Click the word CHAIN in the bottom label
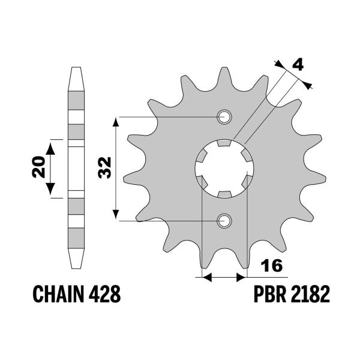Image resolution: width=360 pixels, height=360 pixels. tap(56, 295)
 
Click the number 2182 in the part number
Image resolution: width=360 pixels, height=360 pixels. tap(311, 295)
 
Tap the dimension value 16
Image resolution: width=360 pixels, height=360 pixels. tap(271, 266)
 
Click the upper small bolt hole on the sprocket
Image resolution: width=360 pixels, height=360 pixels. tap(224, 116)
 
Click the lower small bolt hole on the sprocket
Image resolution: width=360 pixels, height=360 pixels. tap(224, 221)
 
